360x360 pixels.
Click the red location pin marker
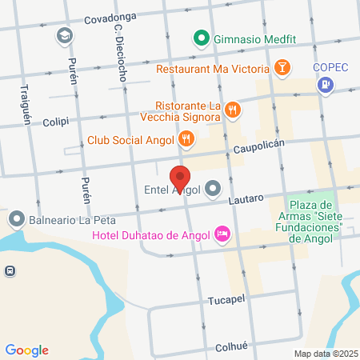pos(180,178)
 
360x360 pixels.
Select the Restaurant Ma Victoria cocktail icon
pos(282,68)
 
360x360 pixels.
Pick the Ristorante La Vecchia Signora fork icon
pos(232,110)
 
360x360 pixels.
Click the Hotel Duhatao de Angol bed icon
pos(223,233)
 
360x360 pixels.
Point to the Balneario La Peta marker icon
pos(16,218)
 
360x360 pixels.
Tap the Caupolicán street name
pos(260,149)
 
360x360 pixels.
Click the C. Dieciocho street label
pos(119,54)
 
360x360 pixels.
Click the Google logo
pos(27,350)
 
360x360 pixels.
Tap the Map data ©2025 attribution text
pos(324,354)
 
